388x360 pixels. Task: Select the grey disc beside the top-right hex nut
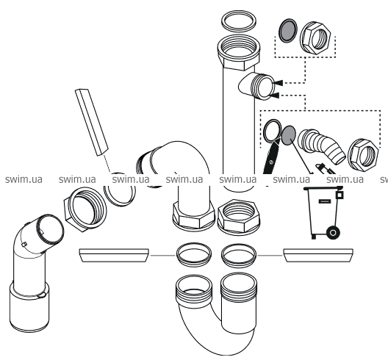(288, 30)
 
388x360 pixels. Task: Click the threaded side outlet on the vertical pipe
(257, 86)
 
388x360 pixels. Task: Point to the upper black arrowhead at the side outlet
(278, 83)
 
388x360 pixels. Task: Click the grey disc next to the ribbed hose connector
(289, 136)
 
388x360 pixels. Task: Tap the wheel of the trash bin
(333, 233)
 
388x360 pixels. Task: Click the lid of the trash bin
(323, 189)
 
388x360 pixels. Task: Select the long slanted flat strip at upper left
(92, 122)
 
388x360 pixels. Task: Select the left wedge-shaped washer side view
(114, 256)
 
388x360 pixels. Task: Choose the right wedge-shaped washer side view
(318, 256)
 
